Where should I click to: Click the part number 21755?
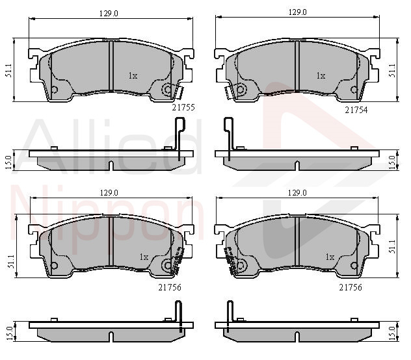pyautogui.click(x=183, y=107)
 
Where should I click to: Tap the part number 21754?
pyautogui.click(x=356, y=110)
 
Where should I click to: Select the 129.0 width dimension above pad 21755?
pyautogui.click(x=109, y=14)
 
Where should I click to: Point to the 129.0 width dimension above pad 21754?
pyautogui.click(x=297, y=12)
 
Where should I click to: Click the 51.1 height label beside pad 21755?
pyautogui.click(x=8, y=70)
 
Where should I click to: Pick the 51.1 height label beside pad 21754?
pyautogui.click(x=392, y=70)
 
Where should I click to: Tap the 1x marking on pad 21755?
pyautogui.click(x=133, y=76)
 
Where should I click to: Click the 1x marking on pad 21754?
pyautogui.click(x=321, y=76)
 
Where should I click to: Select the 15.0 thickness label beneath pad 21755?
pyautogui.click(x=8, y=162)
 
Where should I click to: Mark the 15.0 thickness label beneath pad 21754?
pyautogui.click(x=392, y=162)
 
